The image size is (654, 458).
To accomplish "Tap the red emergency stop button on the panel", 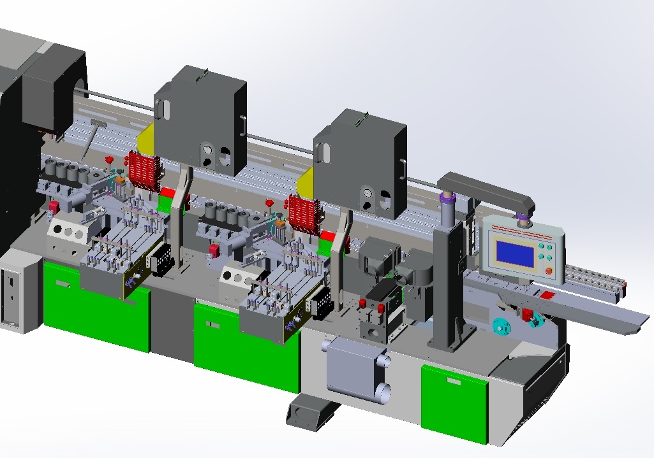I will [x=549, y=270].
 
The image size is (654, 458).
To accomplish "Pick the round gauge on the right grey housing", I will [x=366, y=193].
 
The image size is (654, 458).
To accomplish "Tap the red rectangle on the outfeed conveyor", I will [x=547, y=294].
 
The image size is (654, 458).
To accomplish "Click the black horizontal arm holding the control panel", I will [x=488, y=192].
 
